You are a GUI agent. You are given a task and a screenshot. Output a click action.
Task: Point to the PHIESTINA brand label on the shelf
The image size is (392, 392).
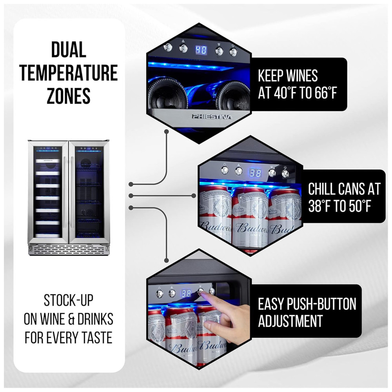point(212,116)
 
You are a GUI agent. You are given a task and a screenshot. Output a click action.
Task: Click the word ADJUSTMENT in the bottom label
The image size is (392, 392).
point(290,321)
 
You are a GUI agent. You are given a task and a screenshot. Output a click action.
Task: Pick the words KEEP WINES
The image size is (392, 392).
point(288,75)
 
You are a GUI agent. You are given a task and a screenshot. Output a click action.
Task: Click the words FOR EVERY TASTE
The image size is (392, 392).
point(69,337)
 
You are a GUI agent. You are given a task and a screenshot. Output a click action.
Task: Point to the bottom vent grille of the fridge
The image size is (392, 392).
point(68,249)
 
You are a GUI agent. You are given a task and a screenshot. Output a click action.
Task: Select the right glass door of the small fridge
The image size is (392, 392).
point(89,192)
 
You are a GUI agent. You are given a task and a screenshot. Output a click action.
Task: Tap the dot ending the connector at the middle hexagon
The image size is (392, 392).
point(194,195)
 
